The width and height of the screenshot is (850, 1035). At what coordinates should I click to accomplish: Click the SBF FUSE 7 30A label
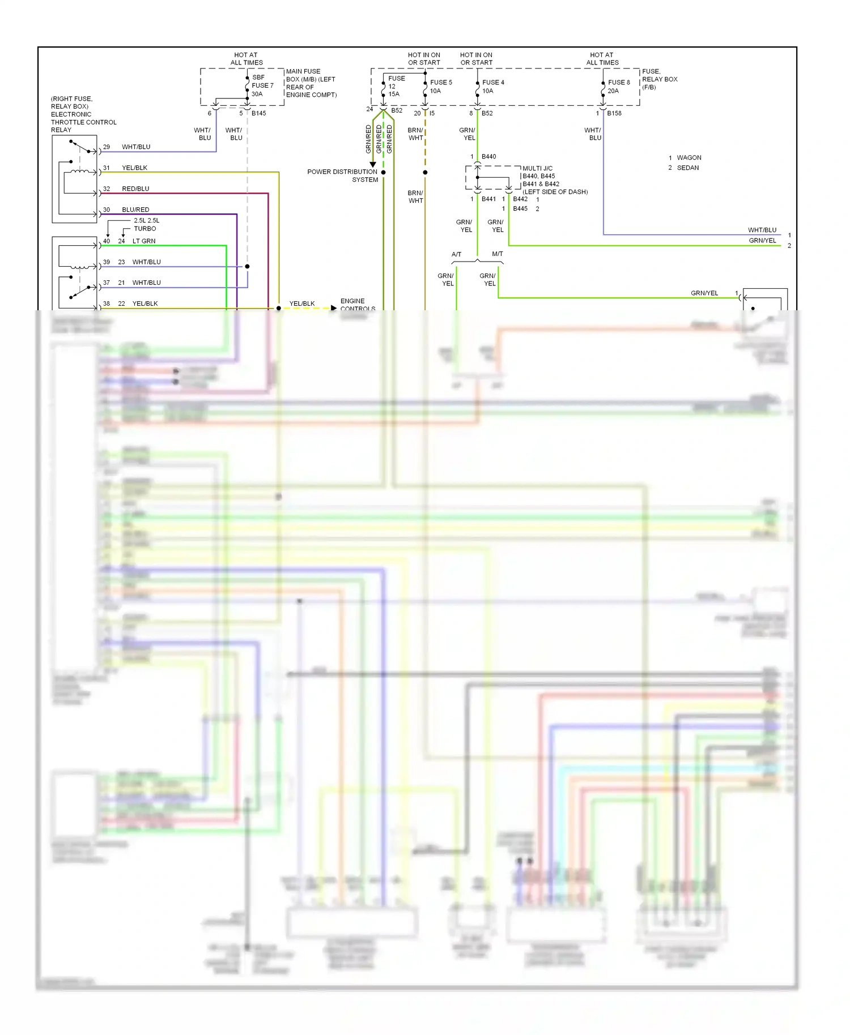(x=262, y=85)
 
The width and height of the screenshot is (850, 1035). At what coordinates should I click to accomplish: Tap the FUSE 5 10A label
(x=440, y=86)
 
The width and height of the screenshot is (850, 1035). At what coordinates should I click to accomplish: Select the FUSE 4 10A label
(x=492, y=86)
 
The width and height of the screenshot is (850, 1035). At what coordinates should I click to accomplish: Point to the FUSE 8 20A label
(x=618, y=86)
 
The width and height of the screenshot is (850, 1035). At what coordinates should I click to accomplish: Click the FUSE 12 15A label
(x=396, y=86)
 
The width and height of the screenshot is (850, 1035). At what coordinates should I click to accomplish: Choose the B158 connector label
(x=614, y=113)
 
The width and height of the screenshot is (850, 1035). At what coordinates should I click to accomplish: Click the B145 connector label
(x=258, y=113)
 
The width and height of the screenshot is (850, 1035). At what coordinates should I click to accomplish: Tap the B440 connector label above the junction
(x=488, y=157)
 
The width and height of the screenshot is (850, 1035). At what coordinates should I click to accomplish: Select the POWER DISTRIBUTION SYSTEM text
(x=342, y=176)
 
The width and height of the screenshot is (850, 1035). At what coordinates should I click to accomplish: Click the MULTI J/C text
(x=537, y=168)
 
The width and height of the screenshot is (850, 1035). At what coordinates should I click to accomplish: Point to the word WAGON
(x=689, y=157)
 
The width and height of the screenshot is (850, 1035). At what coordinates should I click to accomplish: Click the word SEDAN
(x=688, y=168)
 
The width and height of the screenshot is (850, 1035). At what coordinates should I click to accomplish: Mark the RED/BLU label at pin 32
(x=135, y=189)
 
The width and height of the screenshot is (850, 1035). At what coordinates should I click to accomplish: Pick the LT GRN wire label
(x=144, y=241)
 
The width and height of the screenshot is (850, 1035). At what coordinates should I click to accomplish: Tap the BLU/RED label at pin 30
(x=135, y=209)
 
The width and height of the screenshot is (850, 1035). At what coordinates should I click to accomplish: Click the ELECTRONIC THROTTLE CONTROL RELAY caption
(x=83, y=122)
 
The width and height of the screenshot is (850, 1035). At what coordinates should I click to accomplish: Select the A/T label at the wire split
(x=456, y=254)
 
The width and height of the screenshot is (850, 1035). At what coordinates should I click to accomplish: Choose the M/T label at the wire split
(x=498, y=254)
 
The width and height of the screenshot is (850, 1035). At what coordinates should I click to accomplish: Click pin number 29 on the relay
(x=107, y=147)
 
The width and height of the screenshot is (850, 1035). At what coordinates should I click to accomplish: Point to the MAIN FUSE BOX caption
(x=311, y=83)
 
